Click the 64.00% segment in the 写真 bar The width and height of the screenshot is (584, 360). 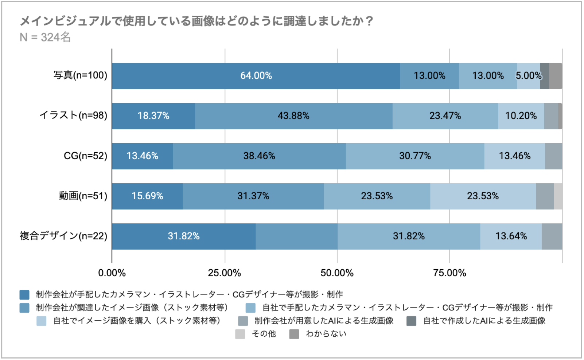click(x=256, y=76)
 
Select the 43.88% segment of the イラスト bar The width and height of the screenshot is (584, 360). click(x=293, y=116)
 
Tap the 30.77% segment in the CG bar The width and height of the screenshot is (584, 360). click(x=415, y=156)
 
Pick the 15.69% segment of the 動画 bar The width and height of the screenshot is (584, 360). click(x=147, y=196)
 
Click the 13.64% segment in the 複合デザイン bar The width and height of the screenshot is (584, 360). click(x=511, y=236)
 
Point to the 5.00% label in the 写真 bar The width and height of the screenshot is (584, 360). click(x=528, y=76)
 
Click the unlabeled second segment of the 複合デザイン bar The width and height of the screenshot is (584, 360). click(x=296, y=236)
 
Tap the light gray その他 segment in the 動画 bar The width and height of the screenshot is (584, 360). click(x=558, y=196)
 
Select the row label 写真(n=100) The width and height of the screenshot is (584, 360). click(x=80, y=75)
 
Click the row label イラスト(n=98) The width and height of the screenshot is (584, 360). click(x=73, y=116)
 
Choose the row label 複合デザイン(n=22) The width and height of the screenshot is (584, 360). click(x=63, y=236)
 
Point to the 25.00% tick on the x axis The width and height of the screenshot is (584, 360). click(x=225, y=273)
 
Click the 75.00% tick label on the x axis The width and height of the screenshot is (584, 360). click(x=449, y=273)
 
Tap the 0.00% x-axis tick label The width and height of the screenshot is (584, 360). click(x=112, y=273)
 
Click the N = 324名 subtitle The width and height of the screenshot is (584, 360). click(x=45, y=37)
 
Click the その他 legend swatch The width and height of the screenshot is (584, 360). click(x=240, y=334)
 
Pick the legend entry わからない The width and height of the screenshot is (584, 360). click(x=326, y=334)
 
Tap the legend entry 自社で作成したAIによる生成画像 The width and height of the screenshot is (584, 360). click(x=484, y=321)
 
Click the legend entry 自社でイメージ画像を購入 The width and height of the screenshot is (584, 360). click(x=137, y=321)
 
